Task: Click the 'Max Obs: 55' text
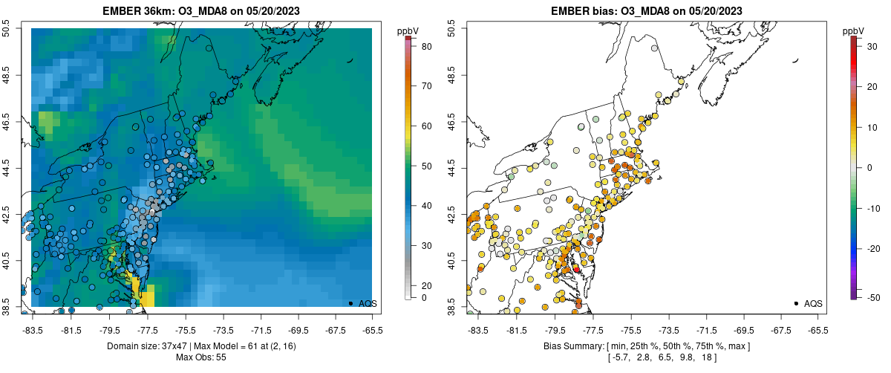pyautogui.click(x=201, y=357)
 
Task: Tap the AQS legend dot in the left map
pyautogui.click(x=350, y=303)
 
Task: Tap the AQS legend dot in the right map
pyautogui.click(x=796, y=303)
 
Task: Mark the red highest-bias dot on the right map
pyautogui.click(x=576, y=268)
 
